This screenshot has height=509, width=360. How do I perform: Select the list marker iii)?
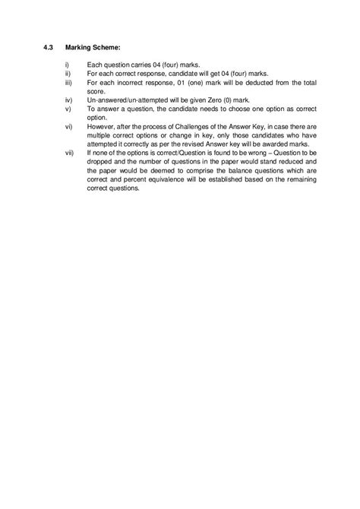click(69, 82)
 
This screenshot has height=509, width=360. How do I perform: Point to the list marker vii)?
click(70, 153)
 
